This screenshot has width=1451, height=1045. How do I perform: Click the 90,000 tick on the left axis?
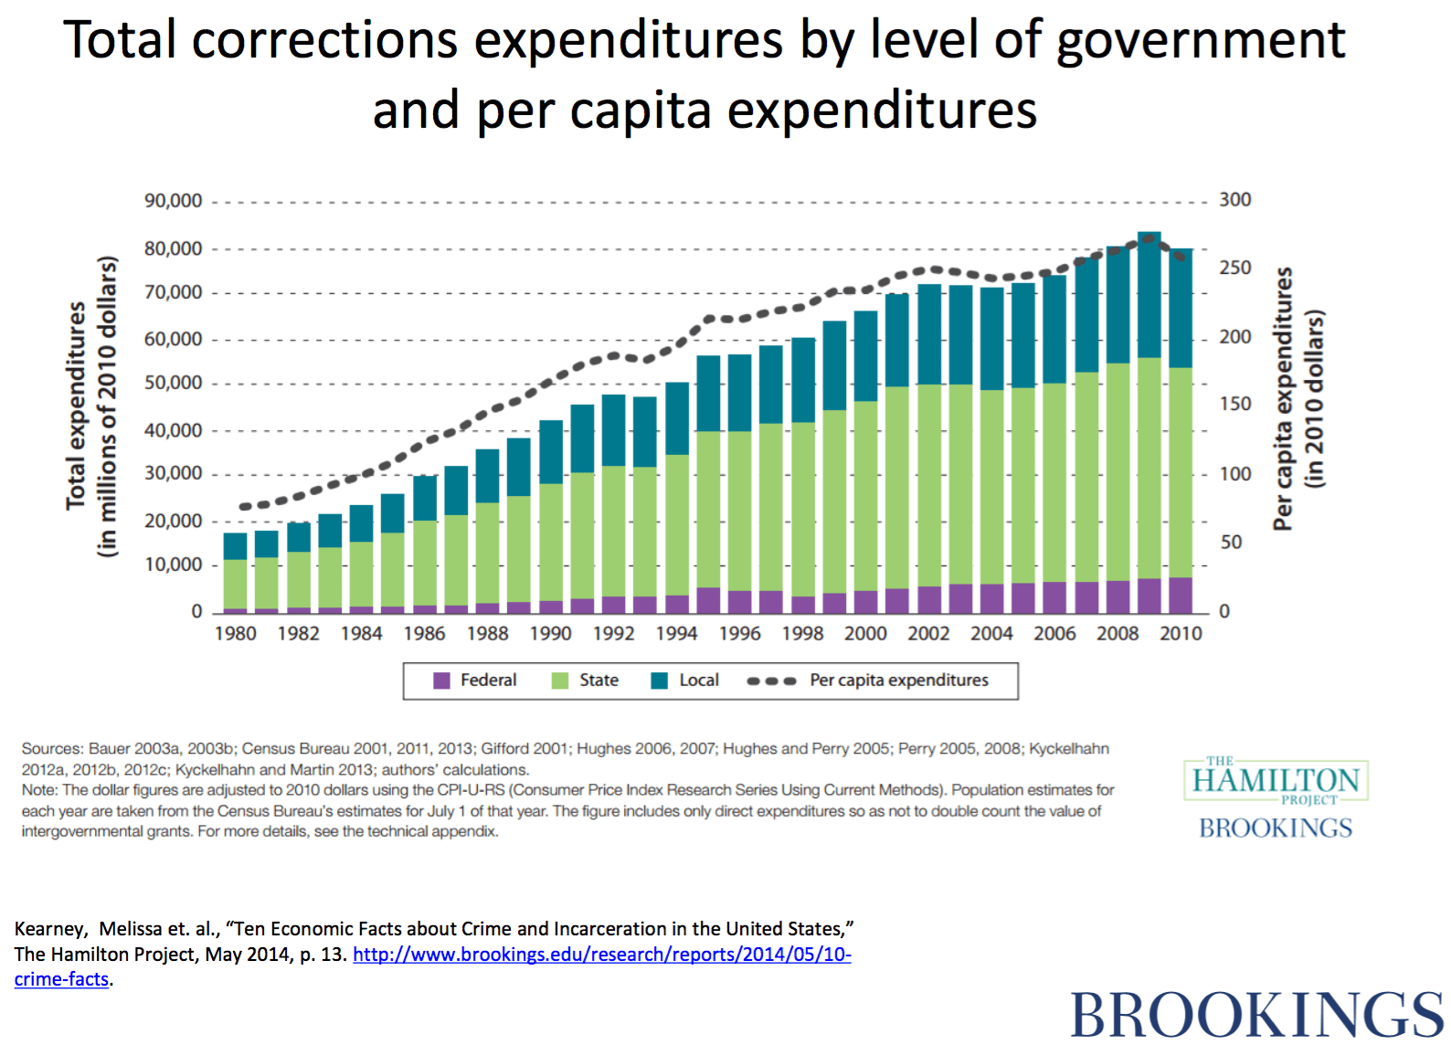click(173, 201)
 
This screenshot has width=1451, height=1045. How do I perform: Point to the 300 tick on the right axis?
click(1234, 200)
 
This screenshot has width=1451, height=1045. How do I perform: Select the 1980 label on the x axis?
click(235, 633)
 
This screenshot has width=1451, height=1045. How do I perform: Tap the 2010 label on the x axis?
click(1181, 633)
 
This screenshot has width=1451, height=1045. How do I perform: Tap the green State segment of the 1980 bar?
click(235, 585)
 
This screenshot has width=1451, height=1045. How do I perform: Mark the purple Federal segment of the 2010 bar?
click(1181, 596)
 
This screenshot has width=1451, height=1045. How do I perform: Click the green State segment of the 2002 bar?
click(929, 484)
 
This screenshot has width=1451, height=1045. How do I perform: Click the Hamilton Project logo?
click(1276, 781)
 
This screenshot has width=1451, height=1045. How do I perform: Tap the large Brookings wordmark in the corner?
click(1256, 1014)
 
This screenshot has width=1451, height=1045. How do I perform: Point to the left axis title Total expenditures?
click(77, 406)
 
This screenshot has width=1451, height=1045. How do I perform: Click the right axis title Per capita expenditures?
click(1284, 398)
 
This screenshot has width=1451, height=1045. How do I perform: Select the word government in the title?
click(1201, 40)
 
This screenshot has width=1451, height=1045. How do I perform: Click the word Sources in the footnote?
click(51, 749)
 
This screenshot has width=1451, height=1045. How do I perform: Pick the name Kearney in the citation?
click(49, 929)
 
